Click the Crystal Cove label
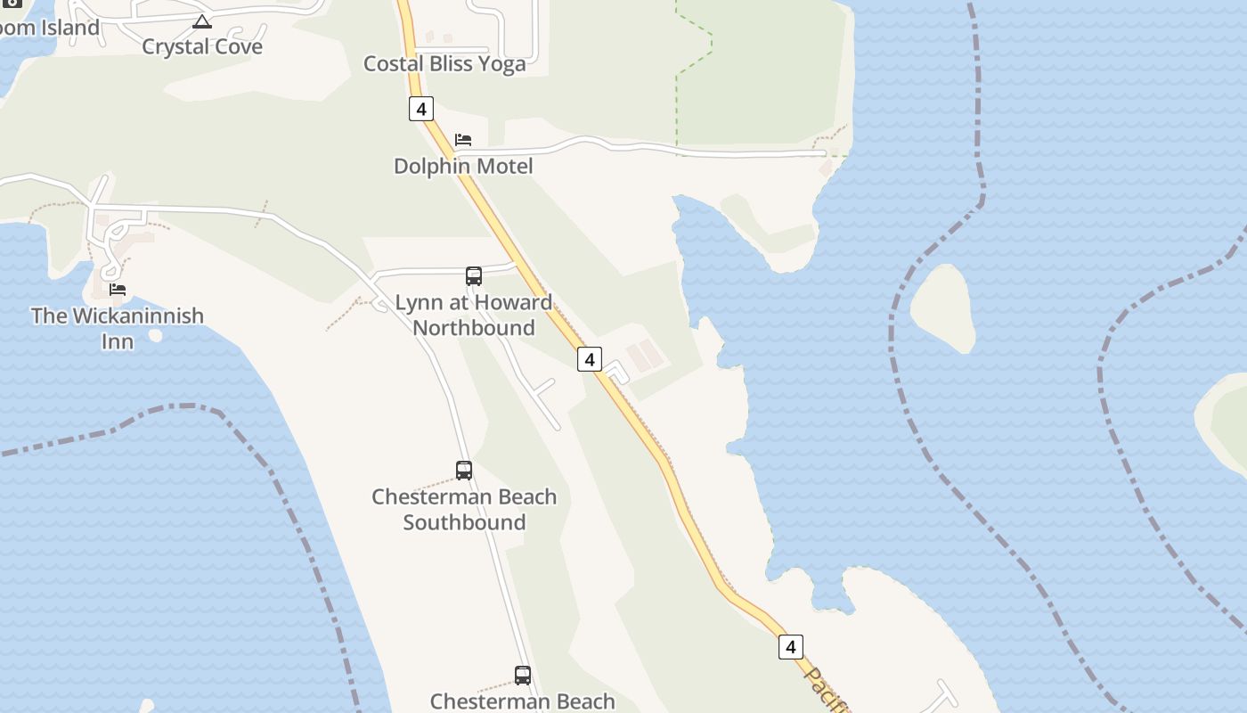point(202,46)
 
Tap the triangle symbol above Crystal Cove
point(202,21)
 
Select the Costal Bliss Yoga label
point(444,63)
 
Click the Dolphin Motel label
point(463,166)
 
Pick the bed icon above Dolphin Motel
point(463,140)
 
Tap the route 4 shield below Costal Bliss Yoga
point(420,109)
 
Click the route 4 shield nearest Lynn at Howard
point(589,359)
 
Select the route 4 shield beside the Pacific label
point(790,646)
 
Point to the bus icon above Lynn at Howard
point(474,276)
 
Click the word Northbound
point(474,328)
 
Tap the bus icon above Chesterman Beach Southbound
point(464,471)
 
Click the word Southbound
point(464,522)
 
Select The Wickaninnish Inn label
point(117,328)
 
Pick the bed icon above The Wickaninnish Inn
point(118,290)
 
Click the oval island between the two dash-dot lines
point(942,308)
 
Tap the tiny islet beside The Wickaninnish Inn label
point(156,335)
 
